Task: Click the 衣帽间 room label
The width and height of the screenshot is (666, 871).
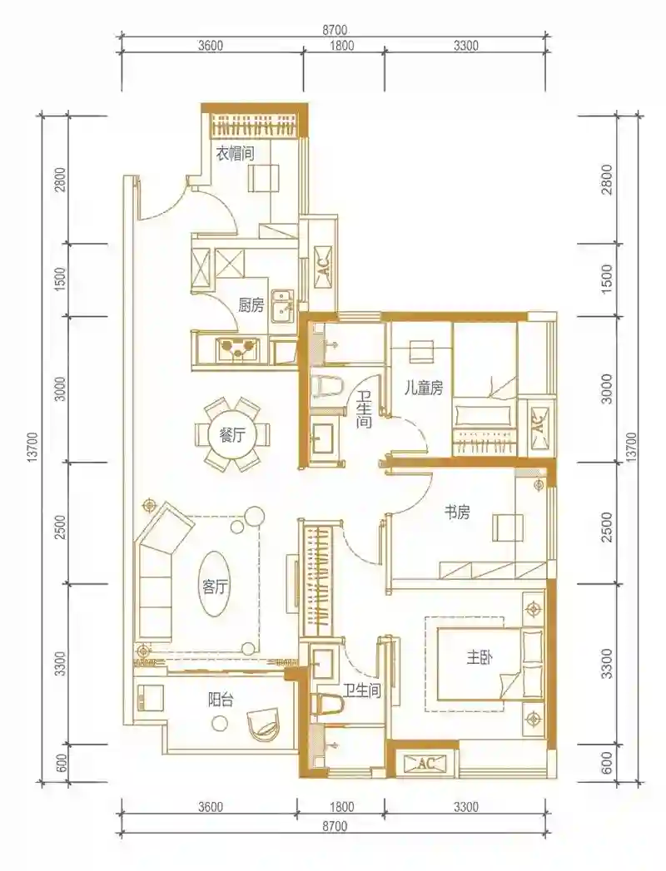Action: coord(235,153)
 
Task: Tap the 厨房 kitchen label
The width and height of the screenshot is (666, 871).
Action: coord(251,305)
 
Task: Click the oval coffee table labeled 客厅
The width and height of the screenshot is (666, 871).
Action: coord(214,584)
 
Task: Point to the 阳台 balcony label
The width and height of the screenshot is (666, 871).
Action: coord(221,700)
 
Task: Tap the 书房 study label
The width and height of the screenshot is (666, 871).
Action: coord(456,512)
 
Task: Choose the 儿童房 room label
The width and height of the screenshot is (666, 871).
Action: coord(424,388)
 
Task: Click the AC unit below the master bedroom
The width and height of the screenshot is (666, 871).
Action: coord(425,764)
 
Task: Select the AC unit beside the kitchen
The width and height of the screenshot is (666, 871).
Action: coord(325,268)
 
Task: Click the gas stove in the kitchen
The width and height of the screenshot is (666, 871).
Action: coord(238,349)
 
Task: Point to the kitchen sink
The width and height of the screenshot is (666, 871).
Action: coord(282,305)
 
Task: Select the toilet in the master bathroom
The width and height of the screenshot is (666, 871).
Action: coord(327,703)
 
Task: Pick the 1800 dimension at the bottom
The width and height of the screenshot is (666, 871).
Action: coord(341,807)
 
